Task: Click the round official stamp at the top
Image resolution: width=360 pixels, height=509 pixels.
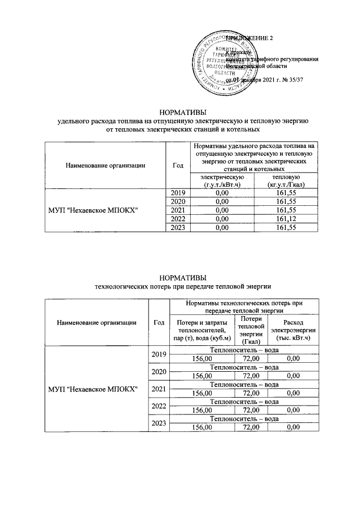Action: pos(217,62)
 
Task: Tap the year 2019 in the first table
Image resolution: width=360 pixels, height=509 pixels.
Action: pos(178,193)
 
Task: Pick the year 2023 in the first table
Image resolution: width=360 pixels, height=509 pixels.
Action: pos(178,227)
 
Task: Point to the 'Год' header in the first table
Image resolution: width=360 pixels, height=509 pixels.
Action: pos(178,165)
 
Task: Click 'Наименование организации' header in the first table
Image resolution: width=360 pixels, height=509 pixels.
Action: pos(105,165)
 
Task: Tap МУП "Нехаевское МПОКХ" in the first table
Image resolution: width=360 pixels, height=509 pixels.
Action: pos(105,210)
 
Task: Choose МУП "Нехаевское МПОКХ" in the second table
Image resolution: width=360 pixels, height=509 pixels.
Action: pos(93,389)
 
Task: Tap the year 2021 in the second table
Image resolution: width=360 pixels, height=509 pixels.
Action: pos(159,389)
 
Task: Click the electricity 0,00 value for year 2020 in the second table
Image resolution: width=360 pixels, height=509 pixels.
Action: pos(292,376)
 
